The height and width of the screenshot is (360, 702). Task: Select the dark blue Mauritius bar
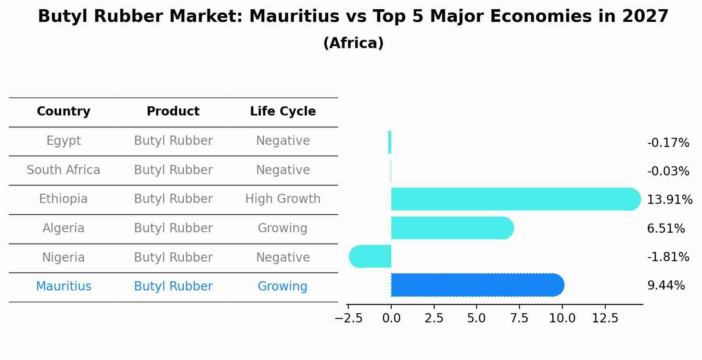pos(477,285)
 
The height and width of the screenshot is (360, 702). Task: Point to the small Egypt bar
pos(390,142)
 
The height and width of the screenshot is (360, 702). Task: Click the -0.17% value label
pos(668,143)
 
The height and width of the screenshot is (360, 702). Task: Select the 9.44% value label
pos(666,286)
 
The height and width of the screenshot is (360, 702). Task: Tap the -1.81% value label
pos(668,257)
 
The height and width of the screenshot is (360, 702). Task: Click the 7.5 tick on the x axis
pos(519,318)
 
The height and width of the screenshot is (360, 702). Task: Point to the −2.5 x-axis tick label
pos(348,318)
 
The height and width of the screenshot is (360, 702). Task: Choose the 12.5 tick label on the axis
pos(605,318)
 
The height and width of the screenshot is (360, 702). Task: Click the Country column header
pos(63,112)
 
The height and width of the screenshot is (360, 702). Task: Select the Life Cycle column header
pos(283,112)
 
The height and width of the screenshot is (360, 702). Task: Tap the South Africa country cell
pos(63,170)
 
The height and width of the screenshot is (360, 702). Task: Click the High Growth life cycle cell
pos(283,199)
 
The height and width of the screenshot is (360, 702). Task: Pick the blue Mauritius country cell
pos(63,287)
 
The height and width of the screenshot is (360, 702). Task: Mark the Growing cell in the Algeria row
pos(282,228)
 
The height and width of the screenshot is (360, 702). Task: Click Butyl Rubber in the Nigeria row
pos(173,257)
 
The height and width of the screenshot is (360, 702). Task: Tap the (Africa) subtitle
pos(353,43)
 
